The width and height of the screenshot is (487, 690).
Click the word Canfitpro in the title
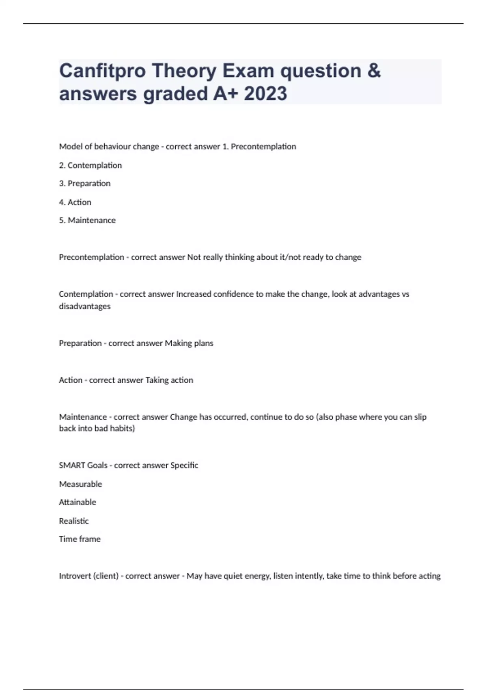102,71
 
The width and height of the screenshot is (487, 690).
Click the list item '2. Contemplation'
91,165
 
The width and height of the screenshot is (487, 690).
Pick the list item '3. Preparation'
85,183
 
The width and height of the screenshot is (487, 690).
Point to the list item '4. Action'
75,202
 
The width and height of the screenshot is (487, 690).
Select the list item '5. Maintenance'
87,220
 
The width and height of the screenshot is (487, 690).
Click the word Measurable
80,484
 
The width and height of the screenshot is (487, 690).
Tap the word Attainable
78,502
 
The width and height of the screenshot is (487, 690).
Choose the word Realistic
74,521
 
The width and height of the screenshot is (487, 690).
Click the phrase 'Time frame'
80,539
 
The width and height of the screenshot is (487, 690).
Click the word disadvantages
84,306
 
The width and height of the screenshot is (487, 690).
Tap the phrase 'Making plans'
189,343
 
